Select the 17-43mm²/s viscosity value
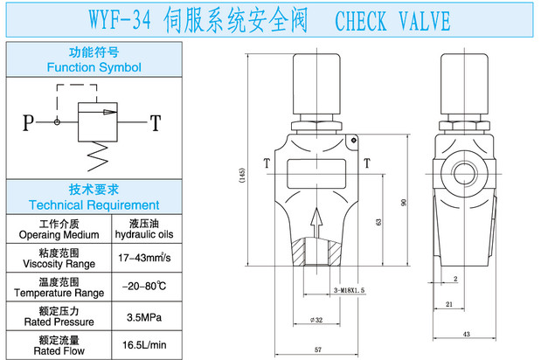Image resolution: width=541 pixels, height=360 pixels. tap(144, 258)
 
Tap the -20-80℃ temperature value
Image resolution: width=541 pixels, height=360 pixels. tap(144, 287)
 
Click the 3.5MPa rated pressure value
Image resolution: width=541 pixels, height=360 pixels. tap(144, 315)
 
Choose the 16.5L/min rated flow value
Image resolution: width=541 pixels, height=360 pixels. tap(144, 345)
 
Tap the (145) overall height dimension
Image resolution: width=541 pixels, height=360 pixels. tap(241, 175)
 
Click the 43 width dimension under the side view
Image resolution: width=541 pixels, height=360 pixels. tap(467, 335)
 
